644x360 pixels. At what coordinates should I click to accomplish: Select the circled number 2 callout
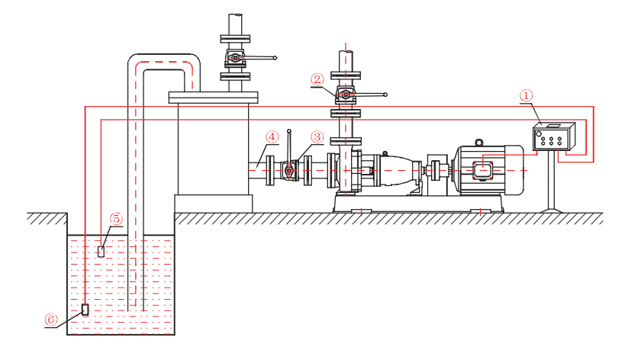click(x=317, y=79)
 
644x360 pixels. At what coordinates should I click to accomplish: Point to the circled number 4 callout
click(x=271, y=137)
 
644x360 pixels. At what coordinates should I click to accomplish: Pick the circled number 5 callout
click(x=116, y=219)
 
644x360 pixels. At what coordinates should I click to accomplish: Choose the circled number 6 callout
click(x=51, y=320)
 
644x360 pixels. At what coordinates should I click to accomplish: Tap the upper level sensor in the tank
click(x=101, y=251)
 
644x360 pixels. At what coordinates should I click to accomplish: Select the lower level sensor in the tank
click(x=85, y=309)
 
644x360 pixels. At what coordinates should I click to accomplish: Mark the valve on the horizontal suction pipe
click(x=289, y=172)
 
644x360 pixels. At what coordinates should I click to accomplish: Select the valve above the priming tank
click(x=235, y=58)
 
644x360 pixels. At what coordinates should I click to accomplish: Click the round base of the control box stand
click(x=552, y=211)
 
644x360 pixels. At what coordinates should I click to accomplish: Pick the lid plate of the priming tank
click(x=214, y=97)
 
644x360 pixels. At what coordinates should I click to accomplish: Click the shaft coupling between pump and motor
click(x=436, y=170)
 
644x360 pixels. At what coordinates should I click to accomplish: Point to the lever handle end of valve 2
click(x=385, y=95)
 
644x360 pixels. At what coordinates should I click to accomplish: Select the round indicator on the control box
click(x=539, y=134)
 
